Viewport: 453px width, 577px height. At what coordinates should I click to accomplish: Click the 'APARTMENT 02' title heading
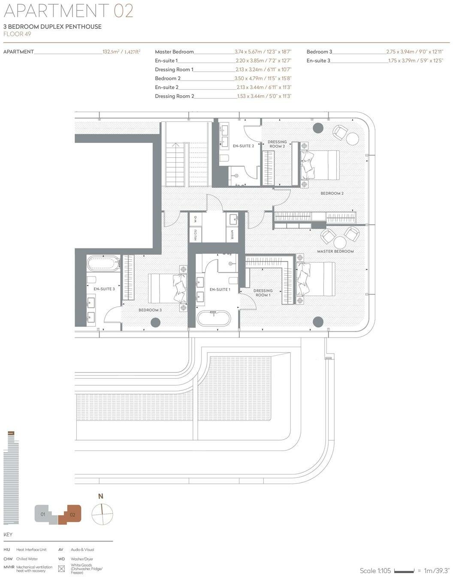coord(69,10)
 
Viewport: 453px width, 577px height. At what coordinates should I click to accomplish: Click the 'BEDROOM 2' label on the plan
coord(332,193)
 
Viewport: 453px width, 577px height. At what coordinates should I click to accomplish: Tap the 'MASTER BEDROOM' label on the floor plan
coord(335,251)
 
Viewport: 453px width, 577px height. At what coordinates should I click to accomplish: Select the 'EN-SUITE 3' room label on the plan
coord(104,289)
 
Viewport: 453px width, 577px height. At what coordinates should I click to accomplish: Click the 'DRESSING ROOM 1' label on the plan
coord(263,293)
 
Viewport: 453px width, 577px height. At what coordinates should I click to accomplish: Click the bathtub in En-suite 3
coord(103,263)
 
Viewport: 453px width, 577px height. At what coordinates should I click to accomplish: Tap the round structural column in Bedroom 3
coord(155,322)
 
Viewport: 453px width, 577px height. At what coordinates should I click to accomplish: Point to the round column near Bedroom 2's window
coord(318,128)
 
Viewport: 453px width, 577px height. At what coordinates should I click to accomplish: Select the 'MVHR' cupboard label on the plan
coord(232,235)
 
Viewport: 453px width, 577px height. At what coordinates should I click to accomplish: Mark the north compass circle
coord(102,514)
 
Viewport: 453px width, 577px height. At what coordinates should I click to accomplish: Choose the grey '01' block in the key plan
coord(43,514)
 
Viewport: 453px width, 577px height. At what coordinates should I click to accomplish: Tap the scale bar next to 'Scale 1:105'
coord(404,571)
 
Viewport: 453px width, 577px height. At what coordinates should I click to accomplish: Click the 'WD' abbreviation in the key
coord(61,559)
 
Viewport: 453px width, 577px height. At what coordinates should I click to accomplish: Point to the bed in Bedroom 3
coord(167,289)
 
